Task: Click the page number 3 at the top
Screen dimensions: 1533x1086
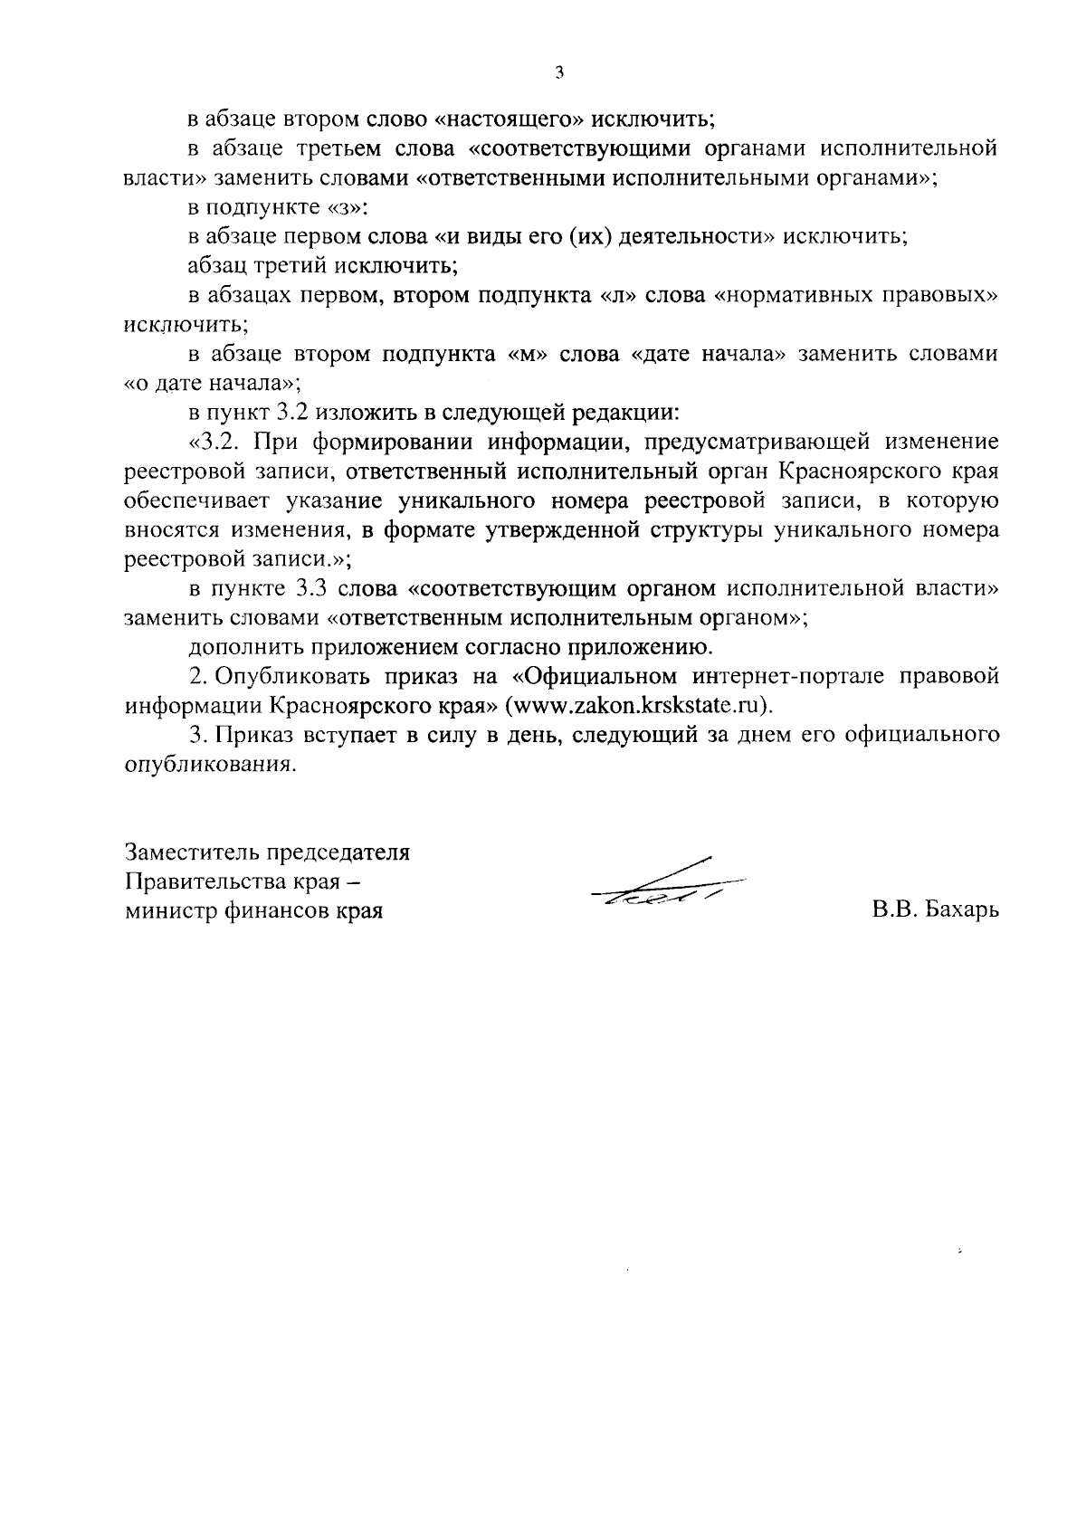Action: [558, 73]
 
